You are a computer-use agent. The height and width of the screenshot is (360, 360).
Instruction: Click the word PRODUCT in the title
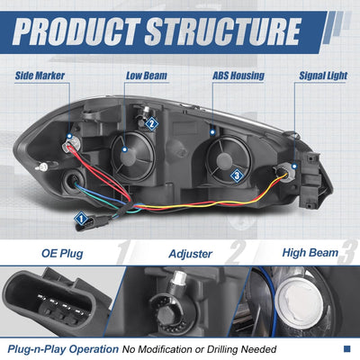76,31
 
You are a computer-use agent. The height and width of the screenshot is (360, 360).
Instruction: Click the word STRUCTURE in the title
223,31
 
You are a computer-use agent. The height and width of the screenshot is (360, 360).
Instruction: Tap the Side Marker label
40,76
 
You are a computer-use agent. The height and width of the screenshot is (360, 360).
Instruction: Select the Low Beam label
147,76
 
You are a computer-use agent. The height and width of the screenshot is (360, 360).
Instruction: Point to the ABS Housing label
238,76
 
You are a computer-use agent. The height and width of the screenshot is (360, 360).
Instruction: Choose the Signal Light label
323,76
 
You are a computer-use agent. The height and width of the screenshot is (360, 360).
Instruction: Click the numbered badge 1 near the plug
81,219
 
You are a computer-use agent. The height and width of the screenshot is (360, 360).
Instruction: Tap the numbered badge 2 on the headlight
152,123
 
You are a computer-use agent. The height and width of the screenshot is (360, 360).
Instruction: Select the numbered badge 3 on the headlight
237,175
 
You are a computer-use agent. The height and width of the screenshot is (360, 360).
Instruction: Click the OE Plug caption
62,254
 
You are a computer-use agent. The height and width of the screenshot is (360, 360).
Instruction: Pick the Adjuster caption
191,254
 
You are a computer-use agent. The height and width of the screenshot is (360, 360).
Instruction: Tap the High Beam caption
310,253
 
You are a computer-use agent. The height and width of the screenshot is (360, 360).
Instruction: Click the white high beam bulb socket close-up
299,302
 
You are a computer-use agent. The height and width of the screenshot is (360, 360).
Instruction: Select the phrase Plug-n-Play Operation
63,349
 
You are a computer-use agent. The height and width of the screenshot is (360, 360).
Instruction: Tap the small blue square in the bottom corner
346,348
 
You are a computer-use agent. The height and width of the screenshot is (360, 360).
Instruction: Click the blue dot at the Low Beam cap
125,149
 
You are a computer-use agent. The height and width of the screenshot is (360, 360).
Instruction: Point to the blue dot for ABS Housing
212,131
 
